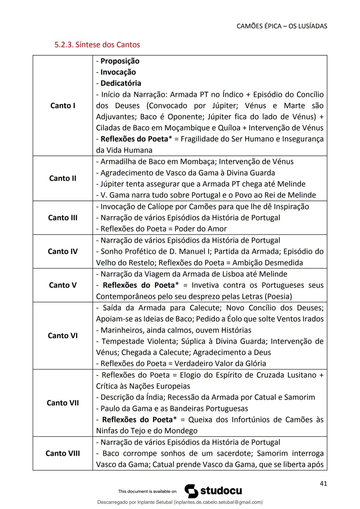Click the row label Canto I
click(63, 106)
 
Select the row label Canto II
click(63, 178)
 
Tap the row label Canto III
click(63, 218)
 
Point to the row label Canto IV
click(63, 251)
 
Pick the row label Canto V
click(63, 285)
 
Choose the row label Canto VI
click(63, 335)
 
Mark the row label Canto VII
click(63, 403)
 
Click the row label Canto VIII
click(63, 453)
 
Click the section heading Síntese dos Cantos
click(97, 45)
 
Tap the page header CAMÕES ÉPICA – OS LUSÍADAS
click(282, 26)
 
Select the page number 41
click(323, 483)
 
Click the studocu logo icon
click(191, 491)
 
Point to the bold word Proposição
click(120, 61)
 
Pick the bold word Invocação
click(118, 72)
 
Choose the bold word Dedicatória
click(121, 83)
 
